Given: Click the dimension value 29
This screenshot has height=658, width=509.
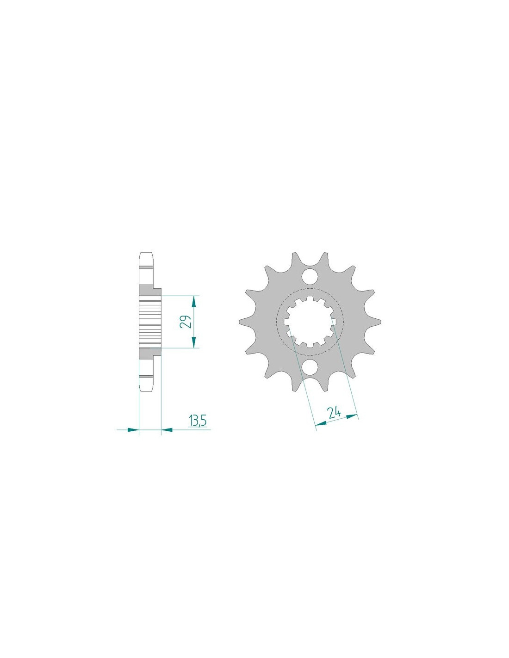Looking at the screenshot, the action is pos(185,321).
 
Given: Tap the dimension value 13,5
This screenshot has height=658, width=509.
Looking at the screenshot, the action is pos(198,421).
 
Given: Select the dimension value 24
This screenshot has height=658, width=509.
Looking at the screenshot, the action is pos(334,413).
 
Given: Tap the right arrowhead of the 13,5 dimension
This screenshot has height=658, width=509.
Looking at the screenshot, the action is pos(167,429).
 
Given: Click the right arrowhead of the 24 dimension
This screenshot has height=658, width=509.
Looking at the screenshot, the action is pos(352,416).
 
